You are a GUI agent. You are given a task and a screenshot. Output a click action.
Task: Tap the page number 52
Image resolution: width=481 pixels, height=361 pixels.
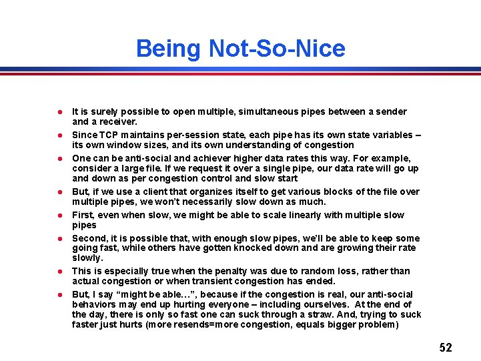[x=446, y=348]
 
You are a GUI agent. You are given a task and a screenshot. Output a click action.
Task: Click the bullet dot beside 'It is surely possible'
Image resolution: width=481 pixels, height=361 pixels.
[x=60, y=112]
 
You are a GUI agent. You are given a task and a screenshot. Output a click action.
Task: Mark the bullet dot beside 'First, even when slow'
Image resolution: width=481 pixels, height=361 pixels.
[x=60, y=216]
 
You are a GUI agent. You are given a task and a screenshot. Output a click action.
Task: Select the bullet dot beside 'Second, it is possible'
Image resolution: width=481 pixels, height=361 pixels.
[x=60, y=239]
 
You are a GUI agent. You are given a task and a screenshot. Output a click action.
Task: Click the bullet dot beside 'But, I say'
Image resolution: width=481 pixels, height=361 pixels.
[x=60, y=295]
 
